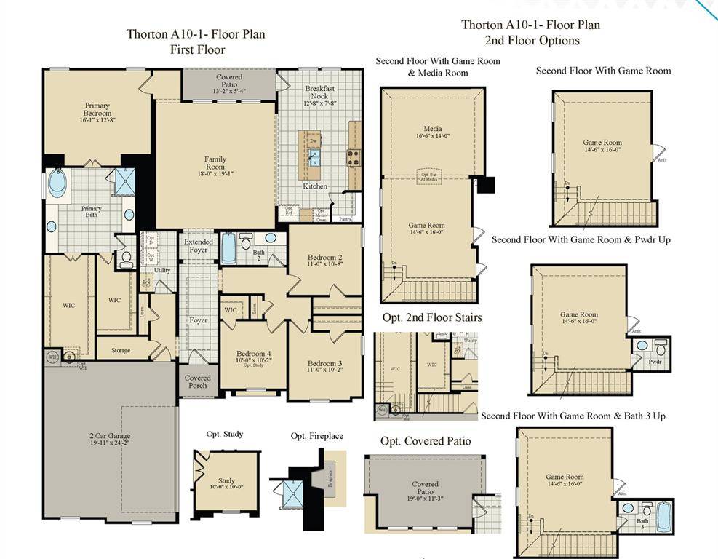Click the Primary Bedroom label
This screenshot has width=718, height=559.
tap(97, 109)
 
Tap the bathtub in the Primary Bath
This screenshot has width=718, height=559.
tap(57, 182)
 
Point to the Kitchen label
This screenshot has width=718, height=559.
tap(315, 187)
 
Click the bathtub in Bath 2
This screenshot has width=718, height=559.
tap(228, 248)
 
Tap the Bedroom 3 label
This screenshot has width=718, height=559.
tap(324, 364)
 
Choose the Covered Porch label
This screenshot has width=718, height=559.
tap(197, 381)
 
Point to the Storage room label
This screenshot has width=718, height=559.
tap(121, 350)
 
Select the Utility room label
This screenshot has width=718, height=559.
tap(162, 270)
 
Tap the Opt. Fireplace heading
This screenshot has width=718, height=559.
tap(316, 436)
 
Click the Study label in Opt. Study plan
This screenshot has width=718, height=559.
tap(226, 480)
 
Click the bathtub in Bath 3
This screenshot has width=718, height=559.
tap(663, 518)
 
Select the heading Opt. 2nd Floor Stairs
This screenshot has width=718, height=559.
tap(431, 317)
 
